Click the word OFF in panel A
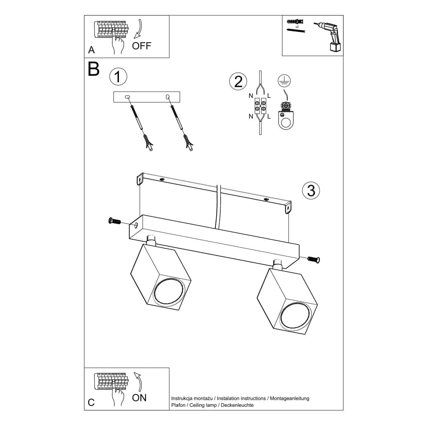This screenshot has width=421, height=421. click(x=141, y=46)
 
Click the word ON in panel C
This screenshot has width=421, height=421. click(x=139, y=397)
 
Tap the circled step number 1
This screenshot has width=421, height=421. click(x=118, y=77)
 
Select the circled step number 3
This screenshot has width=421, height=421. click(x=311, y=191)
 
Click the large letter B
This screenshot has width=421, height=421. click(x=94, y=69)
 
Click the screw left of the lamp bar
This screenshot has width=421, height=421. click(x=114, y=221)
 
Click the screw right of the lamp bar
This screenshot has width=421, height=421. click(x=314, y=259)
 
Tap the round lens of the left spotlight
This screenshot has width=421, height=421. click(x=169, y=291)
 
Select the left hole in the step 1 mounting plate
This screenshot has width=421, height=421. click(x=127, y=96)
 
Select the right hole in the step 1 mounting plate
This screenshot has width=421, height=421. click(x=167, y=96)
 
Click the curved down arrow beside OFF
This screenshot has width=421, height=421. click(x=140, y=28)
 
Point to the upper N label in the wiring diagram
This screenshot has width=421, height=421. click(x=250, y=96)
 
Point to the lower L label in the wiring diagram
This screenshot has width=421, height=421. click(x=269, y=117)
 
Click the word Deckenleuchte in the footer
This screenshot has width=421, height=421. click(x=237, y=405)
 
